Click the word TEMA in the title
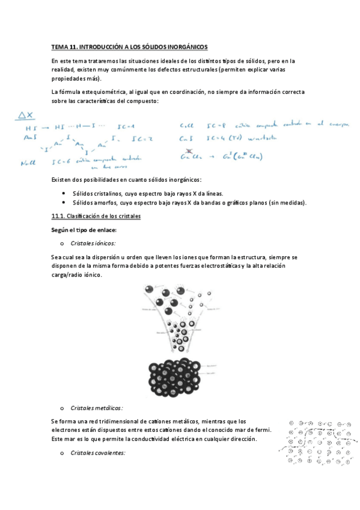(59, 46)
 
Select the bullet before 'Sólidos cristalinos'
(64, 194)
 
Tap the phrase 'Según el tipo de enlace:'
(84, 230)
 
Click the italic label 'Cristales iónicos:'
(93, 243)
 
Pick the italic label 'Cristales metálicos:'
(96, 407)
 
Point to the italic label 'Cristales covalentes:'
(97, 452)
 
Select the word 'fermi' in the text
(261, 430)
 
